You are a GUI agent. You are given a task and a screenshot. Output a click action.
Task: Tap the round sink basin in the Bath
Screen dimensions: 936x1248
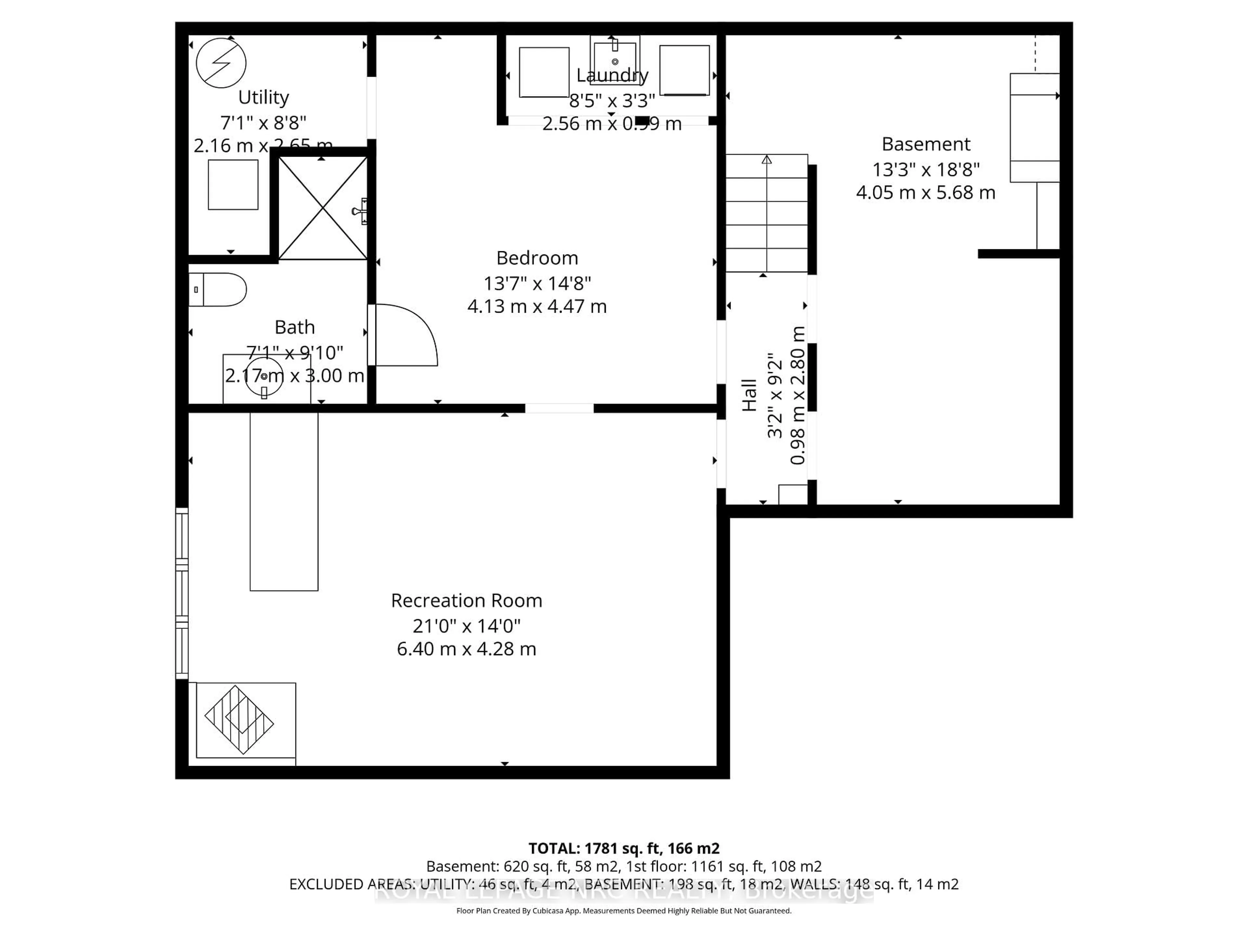pyautogui.click(x=264, y=376)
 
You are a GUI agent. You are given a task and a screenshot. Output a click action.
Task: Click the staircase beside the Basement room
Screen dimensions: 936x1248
pyautogui.click(x=766, y=213)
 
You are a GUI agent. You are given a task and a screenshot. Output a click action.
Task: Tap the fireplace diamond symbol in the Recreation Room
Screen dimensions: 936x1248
pyautogui.click(x=239, y=720)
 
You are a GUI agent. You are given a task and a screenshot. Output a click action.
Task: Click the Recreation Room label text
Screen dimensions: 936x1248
pyautogui.click(x=467, y=600)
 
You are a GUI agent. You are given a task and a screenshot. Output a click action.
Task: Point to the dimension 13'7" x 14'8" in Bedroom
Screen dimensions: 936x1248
pyautogui.click(x=537, y=283)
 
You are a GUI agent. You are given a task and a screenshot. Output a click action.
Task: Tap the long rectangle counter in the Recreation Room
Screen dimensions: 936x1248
pyautogui.click(x=284, y=501)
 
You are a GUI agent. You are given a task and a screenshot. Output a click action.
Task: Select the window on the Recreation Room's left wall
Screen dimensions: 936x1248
pyautogui.click(x=182, y=593)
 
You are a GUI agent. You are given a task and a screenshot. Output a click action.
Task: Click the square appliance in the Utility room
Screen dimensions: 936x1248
pyautogui.click(x=233, y=185)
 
